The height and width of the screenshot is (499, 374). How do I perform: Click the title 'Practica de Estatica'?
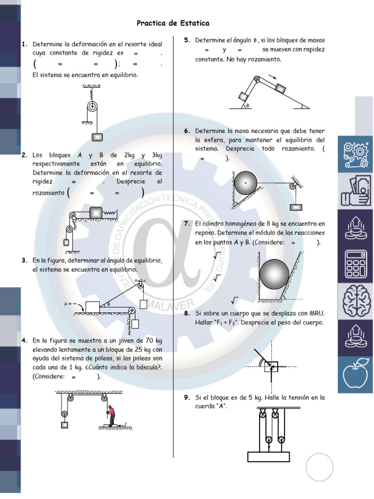click(x=173, y=23)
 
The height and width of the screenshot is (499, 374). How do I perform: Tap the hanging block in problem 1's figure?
click(x=97, y=137)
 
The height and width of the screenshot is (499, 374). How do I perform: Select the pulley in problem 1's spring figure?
click(x=92, y=108)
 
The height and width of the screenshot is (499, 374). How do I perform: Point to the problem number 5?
click(x=187, y=40)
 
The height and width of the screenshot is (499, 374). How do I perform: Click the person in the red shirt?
click(x=112, y=415)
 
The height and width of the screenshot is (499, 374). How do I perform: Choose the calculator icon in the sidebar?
click(x=355, y=263)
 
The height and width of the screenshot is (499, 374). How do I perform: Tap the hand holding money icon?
click(x=355, y=192)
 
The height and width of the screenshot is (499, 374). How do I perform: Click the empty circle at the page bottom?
click(x=320, y=467)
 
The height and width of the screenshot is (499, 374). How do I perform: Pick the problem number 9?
click(x=187, y=398)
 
